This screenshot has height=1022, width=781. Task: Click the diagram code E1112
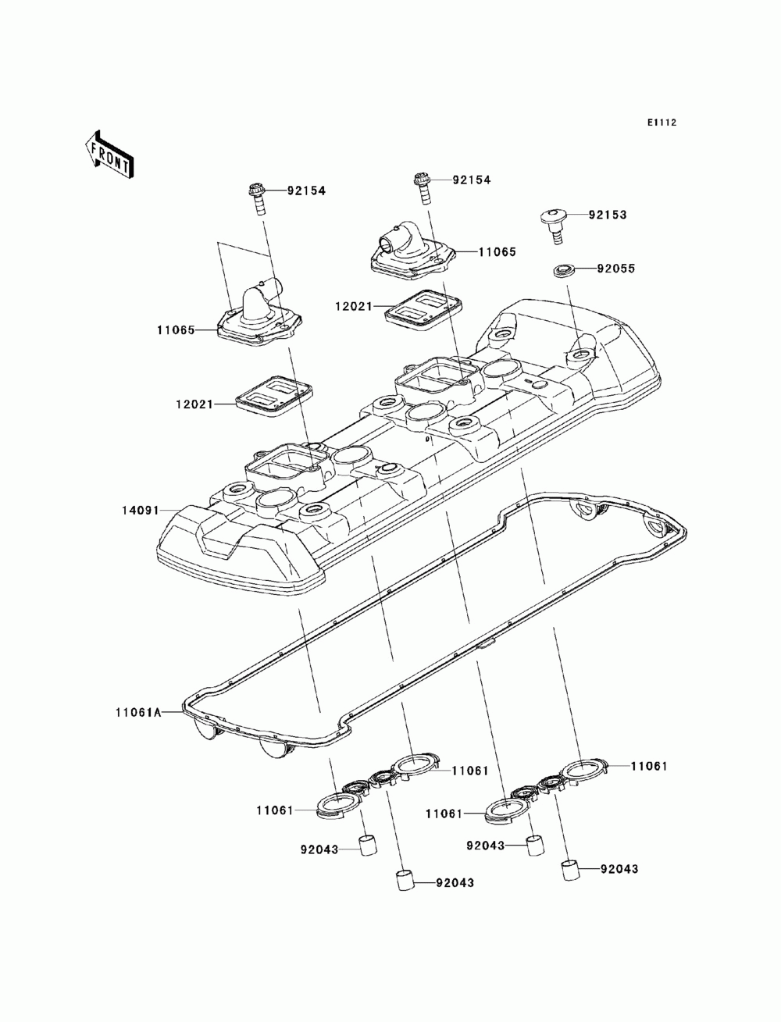click(662, 123)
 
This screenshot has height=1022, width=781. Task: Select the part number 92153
click(608, 215)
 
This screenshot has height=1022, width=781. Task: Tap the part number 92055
click(616, 269)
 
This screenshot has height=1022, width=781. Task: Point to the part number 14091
click(141, 511)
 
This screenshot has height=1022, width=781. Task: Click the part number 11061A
click(139, 725)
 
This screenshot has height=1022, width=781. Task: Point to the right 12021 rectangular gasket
click(423, 308)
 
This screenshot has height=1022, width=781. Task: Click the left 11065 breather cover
click(260, 313)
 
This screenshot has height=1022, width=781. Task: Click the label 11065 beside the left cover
click(176, 330)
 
